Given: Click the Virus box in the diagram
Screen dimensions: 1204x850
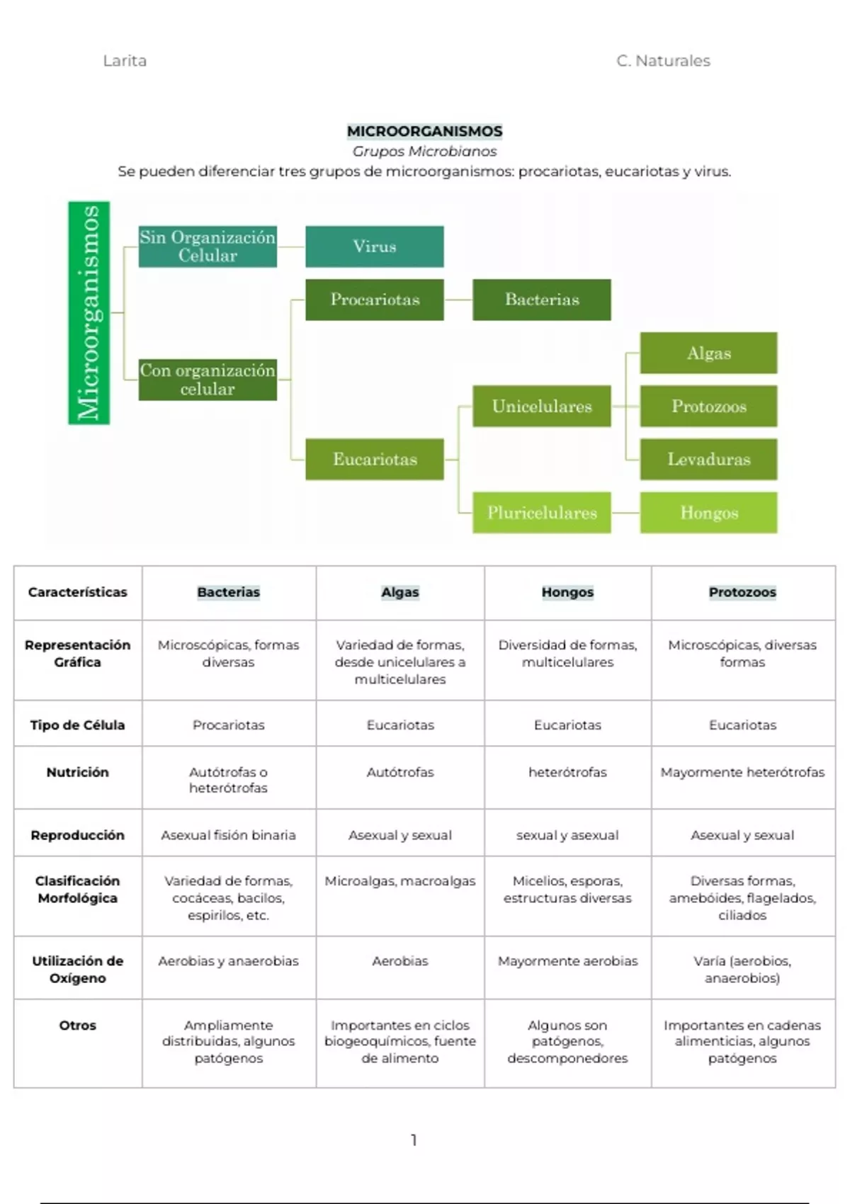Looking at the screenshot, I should coord(375,246).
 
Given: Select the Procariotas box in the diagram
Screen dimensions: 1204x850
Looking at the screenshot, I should coord(375,300).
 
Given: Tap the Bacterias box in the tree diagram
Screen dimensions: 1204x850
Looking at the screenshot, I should coord(542,300).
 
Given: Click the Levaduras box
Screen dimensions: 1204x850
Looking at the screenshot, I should coord(708,459).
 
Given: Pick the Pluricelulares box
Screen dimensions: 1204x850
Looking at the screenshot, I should coord(542,512).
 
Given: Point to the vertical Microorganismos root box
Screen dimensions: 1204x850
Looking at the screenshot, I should coord(89,313).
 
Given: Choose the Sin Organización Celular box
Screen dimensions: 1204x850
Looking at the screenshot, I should coord(208,246).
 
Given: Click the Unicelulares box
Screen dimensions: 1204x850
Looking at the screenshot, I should coord(542,407).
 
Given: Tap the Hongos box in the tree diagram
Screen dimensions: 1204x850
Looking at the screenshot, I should coord(708,512).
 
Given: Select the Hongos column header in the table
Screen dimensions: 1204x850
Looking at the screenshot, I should coord(567,592).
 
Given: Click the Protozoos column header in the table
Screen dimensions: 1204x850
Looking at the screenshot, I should coord(742,592).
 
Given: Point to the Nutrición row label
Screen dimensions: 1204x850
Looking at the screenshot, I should coord(77,772).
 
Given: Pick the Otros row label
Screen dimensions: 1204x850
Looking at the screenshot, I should coord(77,1025).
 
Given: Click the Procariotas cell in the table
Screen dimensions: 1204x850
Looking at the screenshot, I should coord(228,725).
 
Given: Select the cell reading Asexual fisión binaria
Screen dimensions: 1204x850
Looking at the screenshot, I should coord(228,835).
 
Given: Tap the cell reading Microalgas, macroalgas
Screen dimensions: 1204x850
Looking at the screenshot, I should coord(400,881).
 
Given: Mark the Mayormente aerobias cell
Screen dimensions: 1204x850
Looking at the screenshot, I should coord(567,961).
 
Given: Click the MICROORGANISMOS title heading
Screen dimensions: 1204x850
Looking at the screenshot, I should coord(424,131).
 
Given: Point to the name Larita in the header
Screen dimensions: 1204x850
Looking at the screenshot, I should coord(125,61).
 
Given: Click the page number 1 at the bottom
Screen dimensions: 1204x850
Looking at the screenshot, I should coord(414,1140).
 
